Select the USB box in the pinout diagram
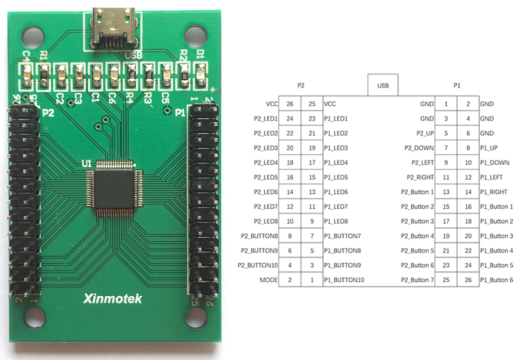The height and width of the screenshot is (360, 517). pyautogui.click(x=383, y=85)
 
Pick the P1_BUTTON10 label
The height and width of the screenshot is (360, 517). pyautogui.click(x=344, y=280)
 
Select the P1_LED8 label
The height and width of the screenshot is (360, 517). pyautogui.click(x=336, y=221)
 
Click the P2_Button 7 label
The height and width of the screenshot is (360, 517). pyautogui.click(x=418, y=280)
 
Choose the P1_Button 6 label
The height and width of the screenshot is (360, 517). pyautogui.click(x=496, y=280)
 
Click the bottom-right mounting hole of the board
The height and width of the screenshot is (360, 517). pyautogui.click(x=194, y=317)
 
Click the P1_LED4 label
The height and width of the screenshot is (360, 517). pyautogui.click(x=336, y=163)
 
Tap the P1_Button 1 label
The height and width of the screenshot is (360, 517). pyautogui.click(x=496, y=207)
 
